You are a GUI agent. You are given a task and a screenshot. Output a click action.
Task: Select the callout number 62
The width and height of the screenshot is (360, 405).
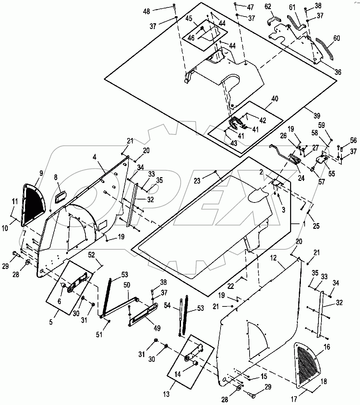pos(268,6)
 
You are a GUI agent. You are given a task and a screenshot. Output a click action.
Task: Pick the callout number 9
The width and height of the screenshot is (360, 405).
pos(41,173)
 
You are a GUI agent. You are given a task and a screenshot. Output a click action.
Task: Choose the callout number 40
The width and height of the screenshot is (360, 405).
pos(275,99)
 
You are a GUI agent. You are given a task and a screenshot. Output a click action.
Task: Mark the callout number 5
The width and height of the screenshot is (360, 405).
pos(51,322)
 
